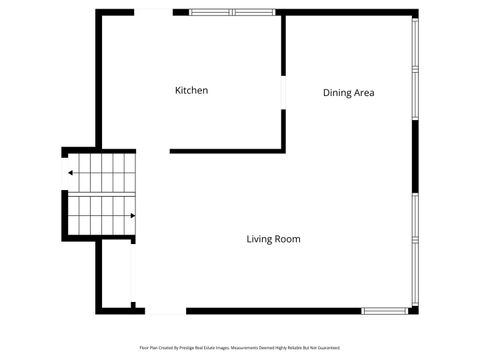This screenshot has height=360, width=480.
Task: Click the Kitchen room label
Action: (191, 91)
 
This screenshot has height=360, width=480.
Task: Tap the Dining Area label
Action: (348, 93)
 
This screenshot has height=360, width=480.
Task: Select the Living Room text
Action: (273, 239)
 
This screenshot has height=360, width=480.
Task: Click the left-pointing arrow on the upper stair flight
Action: (70, 172)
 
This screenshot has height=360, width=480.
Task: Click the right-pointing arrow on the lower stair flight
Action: (132, 214)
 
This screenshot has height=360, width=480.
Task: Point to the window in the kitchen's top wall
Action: (232, 12)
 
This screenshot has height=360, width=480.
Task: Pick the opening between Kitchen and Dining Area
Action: (284, 91)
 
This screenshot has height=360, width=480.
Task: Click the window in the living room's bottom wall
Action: (385, 311)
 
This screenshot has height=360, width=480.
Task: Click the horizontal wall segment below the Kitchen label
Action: (225, 151)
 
